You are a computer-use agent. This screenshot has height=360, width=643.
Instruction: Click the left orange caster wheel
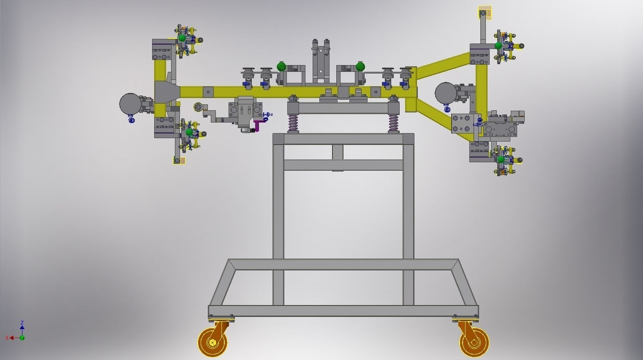(x=213, y=341)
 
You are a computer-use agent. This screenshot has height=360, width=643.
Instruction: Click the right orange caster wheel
(x=474, y=341)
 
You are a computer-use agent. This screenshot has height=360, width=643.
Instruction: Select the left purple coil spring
(x=293, y=123)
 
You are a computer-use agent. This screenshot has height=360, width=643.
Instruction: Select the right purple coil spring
(x=393, y=123)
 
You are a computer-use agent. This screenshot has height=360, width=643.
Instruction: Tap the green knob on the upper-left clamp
(x=182, y=38)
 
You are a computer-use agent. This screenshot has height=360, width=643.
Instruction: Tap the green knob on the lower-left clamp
(x=189, y=132)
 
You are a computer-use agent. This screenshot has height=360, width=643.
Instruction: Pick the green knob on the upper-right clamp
(x=499, y=46)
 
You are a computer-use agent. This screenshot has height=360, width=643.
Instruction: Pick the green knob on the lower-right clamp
(x=501, y=160)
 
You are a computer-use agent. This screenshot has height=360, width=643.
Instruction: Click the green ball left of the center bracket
(x=281, y=66)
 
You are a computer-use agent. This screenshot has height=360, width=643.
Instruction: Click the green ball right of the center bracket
(x=360, y=66)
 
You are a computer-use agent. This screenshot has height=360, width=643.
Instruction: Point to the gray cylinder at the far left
(x=130, y=104)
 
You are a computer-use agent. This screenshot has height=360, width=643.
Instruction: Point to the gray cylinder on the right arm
(x=445, y=93)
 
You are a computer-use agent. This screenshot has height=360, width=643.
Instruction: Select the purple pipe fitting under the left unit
(x=257, y=125)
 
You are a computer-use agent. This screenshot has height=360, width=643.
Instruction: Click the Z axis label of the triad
(x=22, y=323)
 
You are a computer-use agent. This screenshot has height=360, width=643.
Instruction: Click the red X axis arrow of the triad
(x=11, y=338)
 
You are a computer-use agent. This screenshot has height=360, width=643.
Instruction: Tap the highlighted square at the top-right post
(x=485, y=13)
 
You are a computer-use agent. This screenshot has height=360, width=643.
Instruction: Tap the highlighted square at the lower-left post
(x=179, y=161)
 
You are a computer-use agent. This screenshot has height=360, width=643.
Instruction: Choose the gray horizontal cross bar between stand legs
(x=343, y=165)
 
